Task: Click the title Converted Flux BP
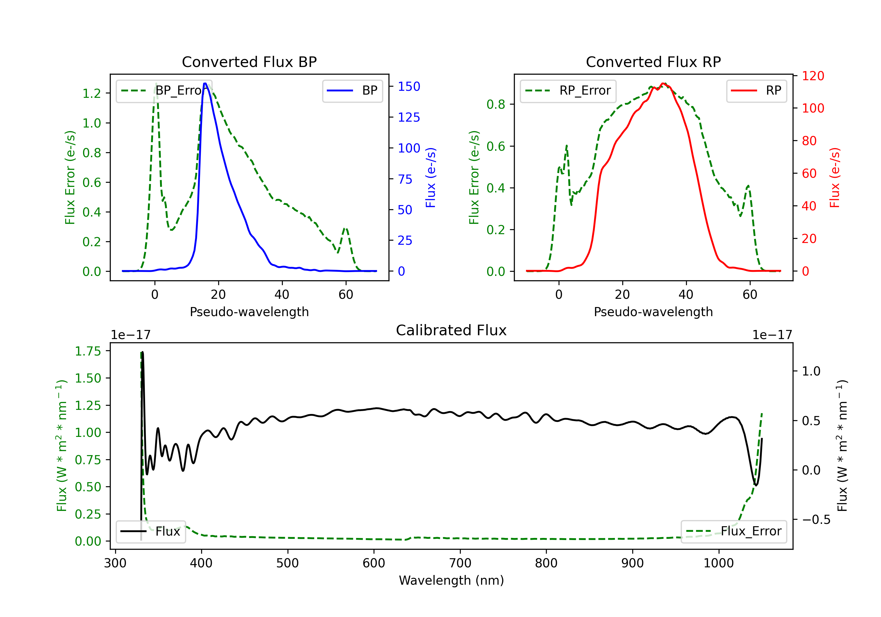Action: [249, 62]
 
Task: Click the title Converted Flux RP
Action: [653, 62]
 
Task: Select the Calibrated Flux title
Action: [451, 330]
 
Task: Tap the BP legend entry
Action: [352, 90]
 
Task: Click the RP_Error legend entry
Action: [568, 90]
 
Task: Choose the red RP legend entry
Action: [756, 90]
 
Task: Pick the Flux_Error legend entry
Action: [734, 532]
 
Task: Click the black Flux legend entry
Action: [150, 532]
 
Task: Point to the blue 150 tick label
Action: [409, 86]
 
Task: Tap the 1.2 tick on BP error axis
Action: [92, 93]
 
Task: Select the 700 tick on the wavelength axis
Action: [460, 563]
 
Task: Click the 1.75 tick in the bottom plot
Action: [88, 351]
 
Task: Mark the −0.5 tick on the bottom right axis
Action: [816, 520]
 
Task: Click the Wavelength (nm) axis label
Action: [451, 580]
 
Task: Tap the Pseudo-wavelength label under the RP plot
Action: [653, 312]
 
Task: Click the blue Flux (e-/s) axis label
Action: [431, 177]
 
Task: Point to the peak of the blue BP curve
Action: [205, 83]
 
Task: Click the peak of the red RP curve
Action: [663, 84]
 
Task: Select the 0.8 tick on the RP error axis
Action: [496, 104]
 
